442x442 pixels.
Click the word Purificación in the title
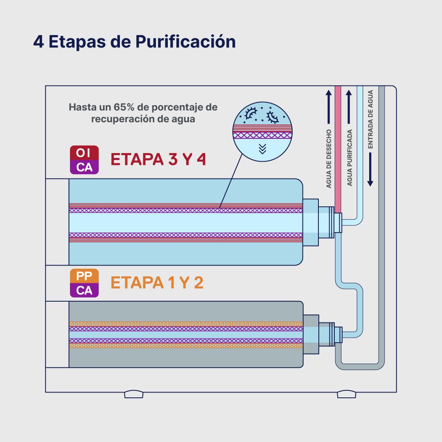tap(185, 42)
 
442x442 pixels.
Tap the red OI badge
tap(84, 153)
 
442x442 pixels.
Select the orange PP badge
tap(84, 276)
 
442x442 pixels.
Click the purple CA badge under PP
tap(84, 290)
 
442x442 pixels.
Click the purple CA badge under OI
tap(84, 167)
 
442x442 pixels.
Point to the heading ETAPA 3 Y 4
tap(158, 159)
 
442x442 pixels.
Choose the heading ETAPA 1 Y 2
tap(157, 282)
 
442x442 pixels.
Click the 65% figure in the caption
tap(124, 107)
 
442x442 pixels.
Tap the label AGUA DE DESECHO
tap(329, 159)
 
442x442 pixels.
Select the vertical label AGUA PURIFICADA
tap(350, 158)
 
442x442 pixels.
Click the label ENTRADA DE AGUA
tap(370, 119)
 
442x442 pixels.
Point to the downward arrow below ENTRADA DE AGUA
tap(370, 169)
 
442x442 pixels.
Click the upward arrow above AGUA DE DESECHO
tap(329, 107)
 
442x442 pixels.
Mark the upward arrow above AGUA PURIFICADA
tap(349, 107)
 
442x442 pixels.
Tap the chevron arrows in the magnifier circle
tap(262, 149)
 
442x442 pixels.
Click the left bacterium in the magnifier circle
tap(250, 113)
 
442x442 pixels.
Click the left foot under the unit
tap(134, 394)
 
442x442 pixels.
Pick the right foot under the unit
tap(347, 394)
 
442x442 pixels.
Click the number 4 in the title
tap(38, 42)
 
